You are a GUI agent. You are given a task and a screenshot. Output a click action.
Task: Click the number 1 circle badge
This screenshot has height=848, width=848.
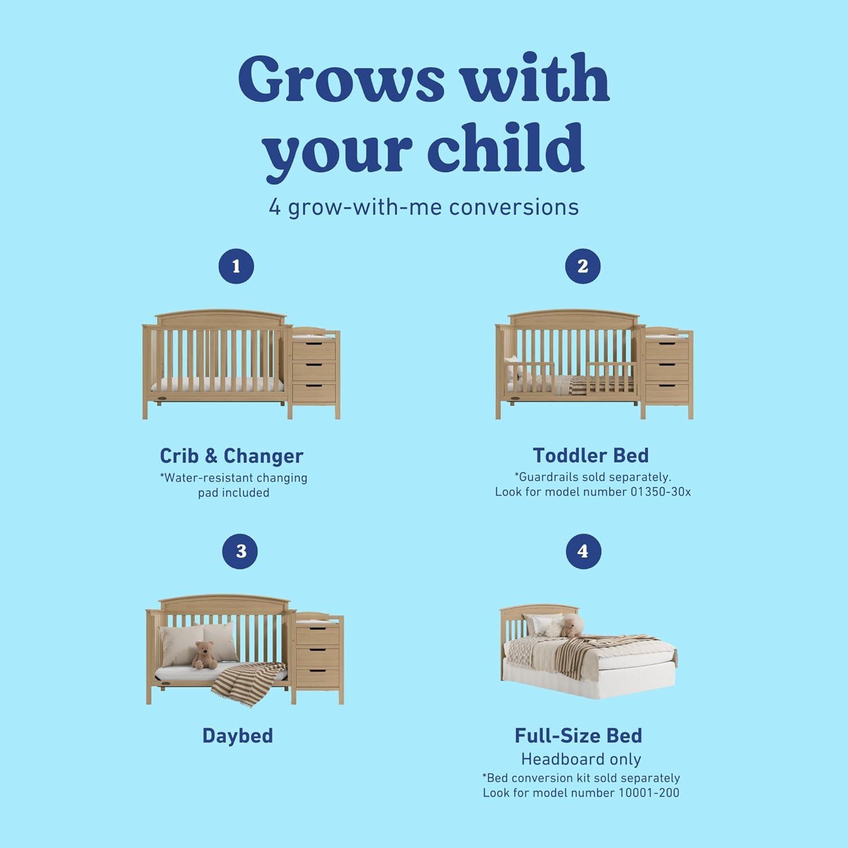coord(236,266)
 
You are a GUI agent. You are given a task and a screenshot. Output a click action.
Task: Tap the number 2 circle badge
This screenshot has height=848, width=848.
coord(582,266)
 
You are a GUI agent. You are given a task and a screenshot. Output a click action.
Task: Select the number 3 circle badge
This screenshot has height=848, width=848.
coord(241,551)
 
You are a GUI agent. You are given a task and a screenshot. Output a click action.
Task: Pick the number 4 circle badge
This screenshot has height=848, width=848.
coord(583,551)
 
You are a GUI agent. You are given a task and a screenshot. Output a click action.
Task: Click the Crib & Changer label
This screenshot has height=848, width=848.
coord(231,456)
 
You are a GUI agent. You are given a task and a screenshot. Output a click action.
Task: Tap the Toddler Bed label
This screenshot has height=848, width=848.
coord(591,455)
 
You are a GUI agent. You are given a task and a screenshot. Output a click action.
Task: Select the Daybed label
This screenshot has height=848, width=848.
coord(237,735)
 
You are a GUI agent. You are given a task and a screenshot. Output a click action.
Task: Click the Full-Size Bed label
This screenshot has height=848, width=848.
coord(578,735)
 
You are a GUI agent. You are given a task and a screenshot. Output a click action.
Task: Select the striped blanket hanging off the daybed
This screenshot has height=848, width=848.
coord(249,678)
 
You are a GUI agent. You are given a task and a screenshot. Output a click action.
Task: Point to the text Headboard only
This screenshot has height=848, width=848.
coord(581,759)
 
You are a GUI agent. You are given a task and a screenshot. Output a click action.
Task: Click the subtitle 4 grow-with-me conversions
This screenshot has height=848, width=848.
coord(424,207)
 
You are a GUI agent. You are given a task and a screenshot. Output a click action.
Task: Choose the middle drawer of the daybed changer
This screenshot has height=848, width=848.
coord(318,656)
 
